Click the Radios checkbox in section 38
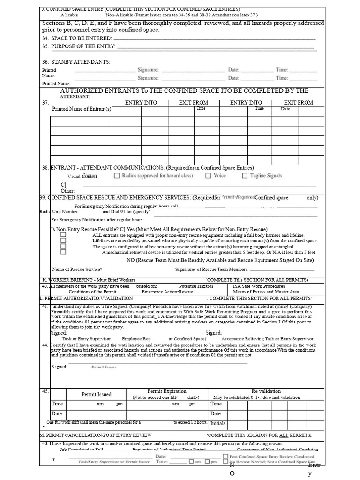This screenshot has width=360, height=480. pyautogui.click(x=117, y=176)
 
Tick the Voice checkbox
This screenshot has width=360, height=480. pyautogui.click(x=208, y=176)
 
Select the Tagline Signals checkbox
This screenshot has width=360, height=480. pyautogui.click(x=245, y=176)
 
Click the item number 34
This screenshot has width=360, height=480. pyautogui.click(x=45, y=38)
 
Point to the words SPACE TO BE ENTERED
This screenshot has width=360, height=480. pyautogui.click(x=82, y=38)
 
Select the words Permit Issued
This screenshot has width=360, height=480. pyautogui.click(x=97, y=395)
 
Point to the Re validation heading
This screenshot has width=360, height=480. pyautogui.click(x=266, y=391)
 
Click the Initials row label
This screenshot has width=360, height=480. pyautogui.click(x=218, y=423)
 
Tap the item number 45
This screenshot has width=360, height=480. pyautogui.click(x=45, y=391)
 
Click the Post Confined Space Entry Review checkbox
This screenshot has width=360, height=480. pyautogui.click(x=226, y=456)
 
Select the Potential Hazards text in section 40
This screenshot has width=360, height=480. pyautogui.click(x=196, y=286)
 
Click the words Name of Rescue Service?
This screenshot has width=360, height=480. pyautogui.click(x=77, y=270)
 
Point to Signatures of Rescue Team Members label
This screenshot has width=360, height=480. pyautogui.click(x=212, y=270)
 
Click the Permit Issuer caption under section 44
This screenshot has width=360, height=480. pyautogui.click(x=104, y=367)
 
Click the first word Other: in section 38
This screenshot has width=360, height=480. pyautogui.click(x=67, y=191)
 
